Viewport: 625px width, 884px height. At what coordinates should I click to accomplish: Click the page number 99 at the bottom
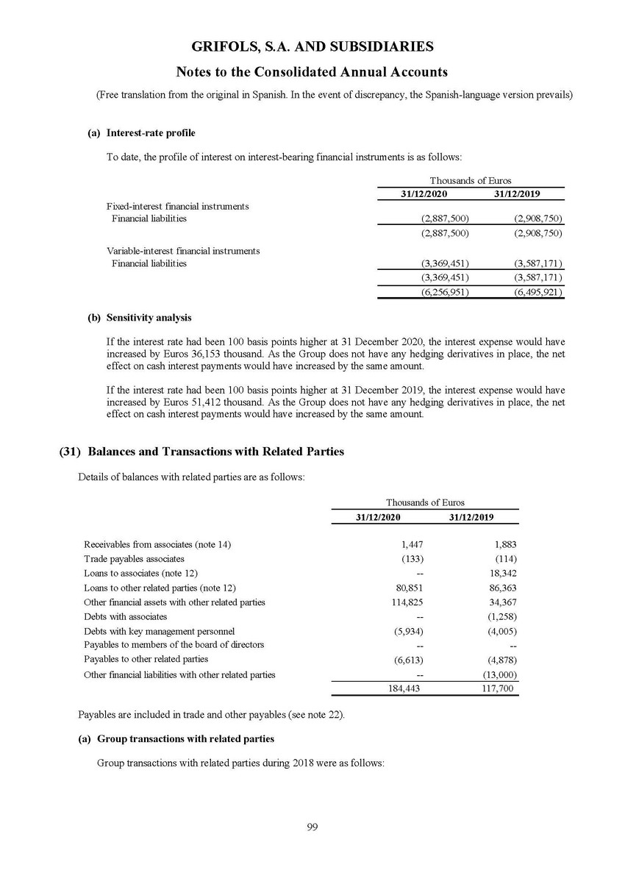coord(312,827)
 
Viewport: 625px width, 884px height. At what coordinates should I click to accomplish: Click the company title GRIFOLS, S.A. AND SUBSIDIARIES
coord(312,47)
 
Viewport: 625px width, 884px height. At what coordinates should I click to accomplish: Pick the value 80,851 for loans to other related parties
coord(408,588)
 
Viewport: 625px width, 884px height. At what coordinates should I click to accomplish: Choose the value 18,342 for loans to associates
coord(501,574)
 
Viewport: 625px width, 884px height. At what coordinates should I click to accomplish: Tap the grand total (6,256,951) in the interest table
coord(445,292)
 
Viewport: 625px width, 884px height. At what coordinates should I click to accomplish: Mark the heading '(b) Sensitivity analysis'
coord(139,318)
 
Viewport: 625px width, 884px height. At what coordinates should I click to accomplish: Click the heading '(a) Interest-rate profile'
coord(141,133)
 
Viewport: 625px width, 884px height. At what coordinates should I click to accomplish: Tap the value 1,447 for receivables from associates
coord(412,544)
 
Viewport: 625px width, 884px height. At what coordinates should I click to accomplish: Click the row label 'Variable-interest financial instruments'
coord(183,251)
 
